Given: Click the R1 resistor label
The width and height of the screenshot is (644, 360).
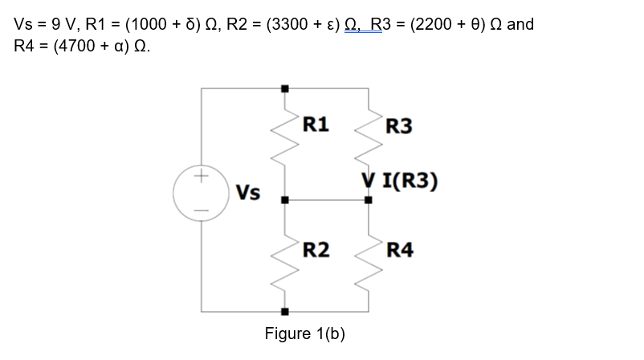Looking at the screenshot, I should click(316, 124).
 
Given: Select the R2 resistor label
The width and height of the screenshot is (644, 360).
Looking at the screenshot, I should click(316, 250).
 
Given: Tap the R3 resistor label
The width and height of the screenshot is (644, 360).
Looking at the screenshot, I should click(399, 126).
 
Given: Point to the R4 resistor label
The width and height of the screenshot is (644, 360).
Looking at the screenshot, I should click(400, 250).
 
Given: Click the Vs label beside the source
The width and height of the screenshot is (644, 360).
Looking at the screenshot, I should click(248, 194).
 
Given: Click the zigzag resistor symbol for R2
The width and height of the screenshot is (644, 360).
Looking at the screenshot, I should click(283, 262).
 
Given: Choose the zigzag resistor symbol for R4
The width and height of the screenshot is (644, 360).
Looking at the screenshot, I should click(369, 262).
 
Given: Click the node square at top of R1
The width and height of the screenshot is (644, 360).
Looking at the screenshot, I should click(283, 89).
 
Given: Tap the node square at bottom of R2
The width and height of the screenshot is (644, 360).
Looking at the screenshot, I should click(283, 311).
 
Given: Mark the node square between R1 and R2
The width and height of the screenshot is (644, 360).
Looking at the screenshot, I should click(283, 200).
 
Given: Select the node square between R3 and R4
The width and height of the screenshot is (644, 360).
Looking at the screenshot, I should click(369, 200).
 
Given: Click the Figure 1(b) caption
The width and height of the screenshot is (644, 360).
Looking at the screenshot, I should click(304, 333).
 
